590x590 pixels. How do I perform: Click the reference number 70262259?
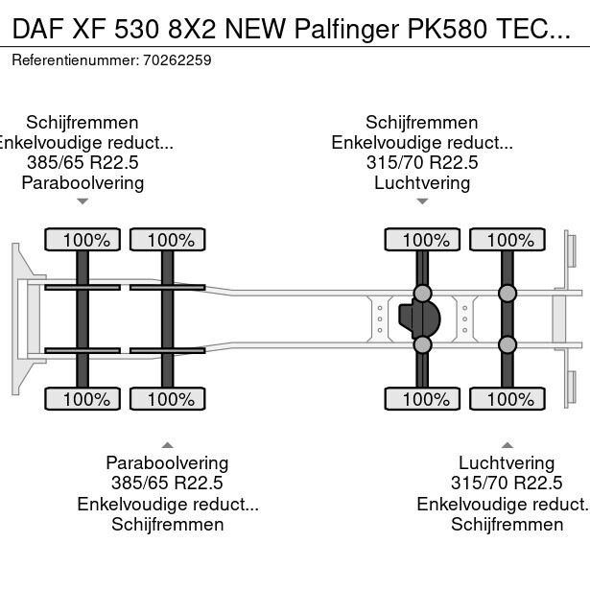(177, 60)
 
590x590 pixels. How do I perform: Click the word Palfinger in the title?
(346, 29)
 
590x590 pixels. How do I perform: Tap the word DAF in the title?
(37, 29)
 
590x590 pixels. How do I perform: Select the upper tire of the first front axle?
(83, 239)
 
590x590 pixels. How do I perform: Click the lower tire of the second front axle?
(168, 398)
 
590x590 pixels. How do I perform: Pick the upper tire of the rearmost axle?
(507, 239)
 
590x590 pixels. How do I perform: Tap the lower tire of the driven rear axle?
(422, 398)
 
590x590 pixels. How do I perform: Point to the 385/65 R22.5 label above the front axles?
(83, 162)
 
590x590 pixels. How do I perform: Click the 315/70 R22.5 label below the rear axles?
(507, 483)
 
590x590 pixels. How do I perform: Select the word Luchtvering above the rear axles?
(422, 183)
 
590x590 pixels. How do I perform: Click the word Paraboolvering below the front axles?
(167, 462)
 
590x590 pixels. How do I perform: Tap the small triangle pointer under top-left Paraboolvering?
(83, 201)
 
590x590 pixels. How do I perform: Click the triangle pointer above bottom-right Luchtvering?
(507, 445)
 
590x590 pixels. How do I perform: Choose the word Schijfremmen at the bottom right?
(507, 524)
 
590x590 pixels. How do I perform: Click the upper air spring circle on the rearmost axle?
(507, 294)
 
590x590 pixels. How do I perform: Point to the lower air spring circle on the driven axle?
(422, 344)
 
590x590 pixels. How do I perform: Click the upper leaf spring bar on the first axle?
(83, 288)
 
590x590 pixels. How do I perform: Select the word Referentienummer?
(75, 60)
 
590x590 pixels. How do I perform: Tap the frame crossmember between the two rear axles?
(465, 319)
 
